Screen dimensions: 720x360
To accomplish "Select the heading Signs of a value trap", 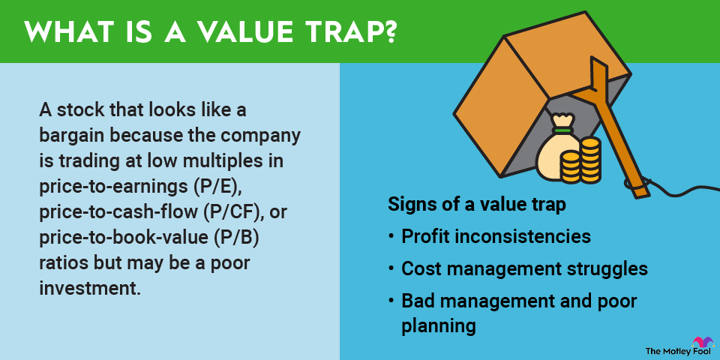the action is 477,205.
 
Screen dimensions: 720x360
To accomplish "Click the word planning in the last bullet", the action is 438,326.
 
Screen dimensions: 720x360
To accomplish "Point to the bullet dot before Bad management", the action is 391,301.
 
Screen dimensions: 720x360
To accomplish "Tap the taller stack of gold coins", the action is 590,160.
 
